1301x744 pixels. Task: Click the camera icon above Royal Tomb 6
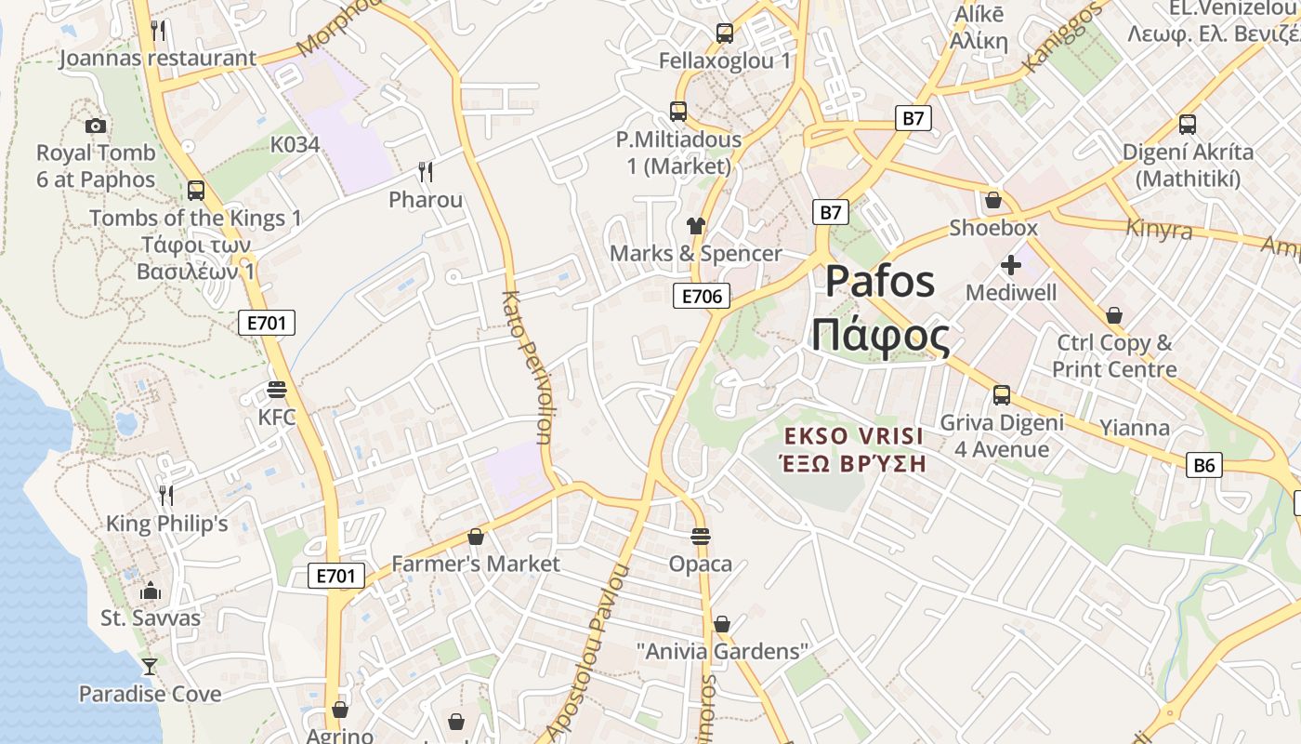[x=96, y=126]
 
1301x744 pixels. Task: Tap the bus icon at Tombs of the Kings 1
[x=195, y=191]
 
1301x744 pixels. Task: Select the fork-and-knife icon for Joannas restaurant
[x=158, y=31]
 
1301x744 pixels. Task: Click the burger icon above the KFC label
[x=276, y=389]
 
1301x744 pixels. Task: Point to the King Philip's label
[x=167, y=524]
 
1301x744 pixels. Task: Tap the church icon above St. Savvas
[x=150, y=591]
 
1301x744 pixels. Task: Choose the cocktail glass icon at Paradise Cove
[x=149, y=666]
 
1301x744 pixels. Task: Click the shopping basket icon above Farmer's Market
[x=476, y=537]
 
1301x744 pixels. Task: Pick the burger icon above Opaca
[x=701, y=537]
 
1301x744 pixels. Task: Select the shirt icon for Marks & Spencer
[x=695, y=226]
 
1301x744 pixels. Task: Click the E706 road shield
[x=702, y=297]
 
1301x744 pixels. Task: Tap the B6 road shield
[x=1203, y=465]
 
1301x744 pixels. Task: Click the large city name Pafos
[x=879, y=281]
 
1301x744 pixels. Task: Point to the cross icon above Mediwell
[x=1011, y=266]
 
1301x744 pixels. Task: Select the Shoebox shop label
[x=993, y=228]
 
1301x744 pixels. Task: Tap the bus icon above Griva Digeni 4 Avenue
[x=1002, y=395]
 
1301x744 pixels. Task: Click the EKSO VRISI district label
[x=854, y=436]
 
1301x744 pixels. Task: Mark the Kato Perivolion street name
[x=526, y=367]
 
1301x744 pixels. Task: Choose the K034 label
[x=295, y=144]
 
